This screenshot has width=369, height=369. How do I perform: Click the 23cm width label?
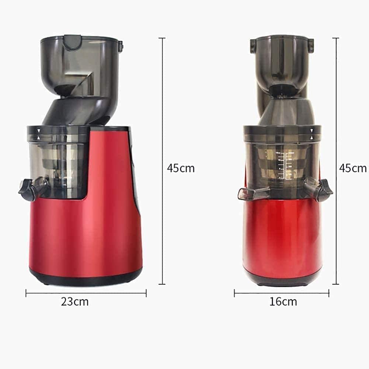click(75, 302)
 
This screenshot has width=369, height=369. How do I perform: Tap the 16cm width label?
click(283, 302)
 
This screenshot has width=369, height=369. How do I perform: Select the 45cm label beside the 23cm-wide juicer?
click(180, 168)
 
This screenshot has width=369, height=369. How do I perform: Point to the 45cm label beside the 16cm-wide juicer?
click(353, 168)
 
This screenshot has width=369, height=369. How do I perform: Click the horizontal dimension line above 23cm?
click(86, 293)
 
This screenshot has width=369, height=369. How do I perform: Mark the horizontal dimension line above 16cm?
click(281, 293)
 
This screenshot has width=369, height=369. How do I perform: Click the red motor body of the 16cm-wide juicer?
click(282, 236)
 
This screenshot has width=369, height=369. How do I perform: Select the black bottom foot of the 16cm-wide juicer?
click(282, 282)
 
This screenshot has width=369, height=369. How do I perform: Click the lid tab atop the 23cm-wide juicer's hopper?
click(73, 42)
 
